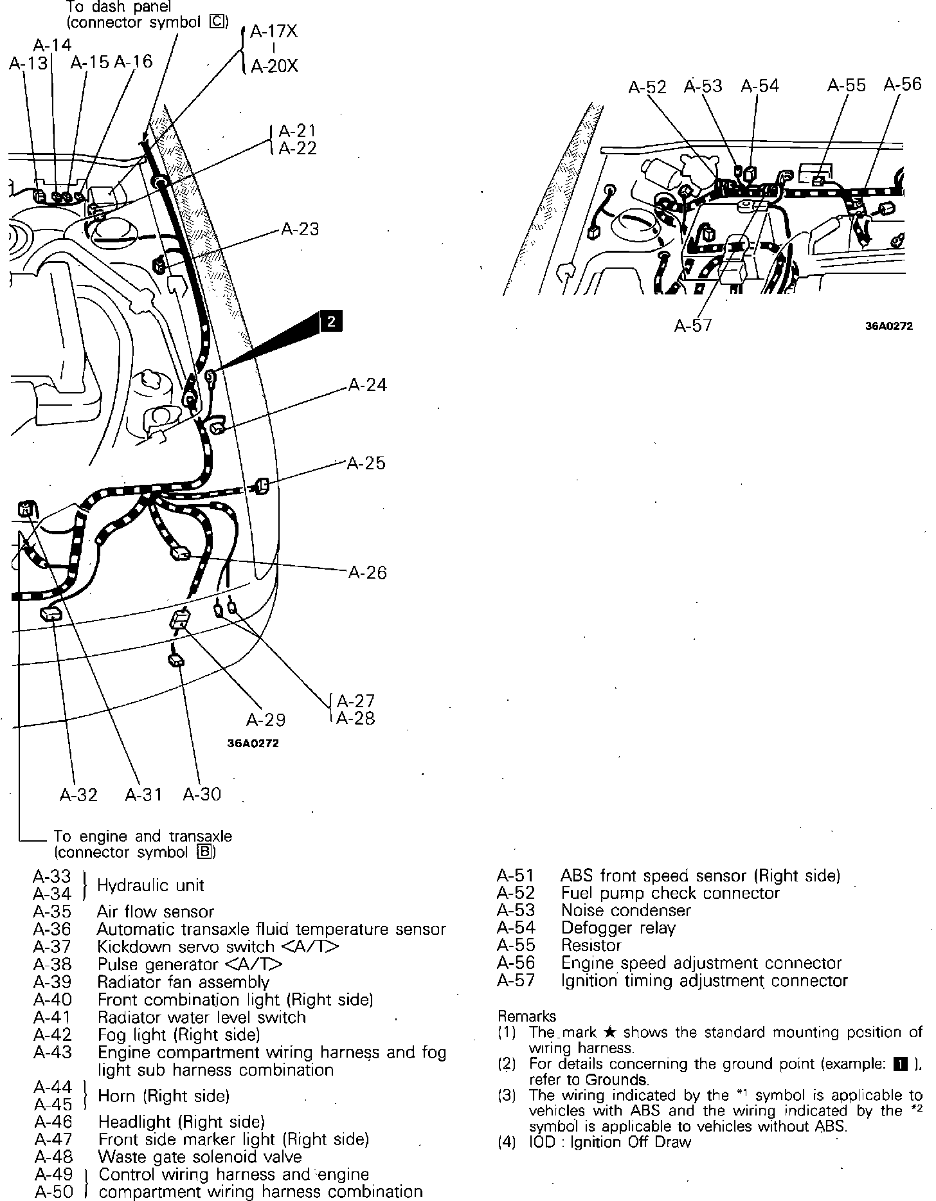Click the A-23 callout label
point(300,230)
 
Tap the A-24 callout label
point(367,385)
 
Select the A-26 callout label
point(367,572)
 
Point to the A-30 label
point(202,795)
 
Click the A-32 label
point(78,795)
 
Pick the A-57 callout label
point(693,325)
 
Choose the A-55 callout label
point(846,86)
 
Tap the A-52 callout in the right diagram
point(647,87)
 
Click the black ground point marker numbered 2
point(330,321)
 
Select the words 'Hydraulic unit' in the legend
point(150,885)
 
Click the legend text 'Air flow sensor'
point(156,912)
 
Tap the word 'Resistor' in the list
point(591,946)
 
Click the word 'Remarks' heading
point(526,1016)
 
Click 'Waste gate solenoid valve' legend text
point(199,1157)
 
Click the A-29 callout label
point(265,719)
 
